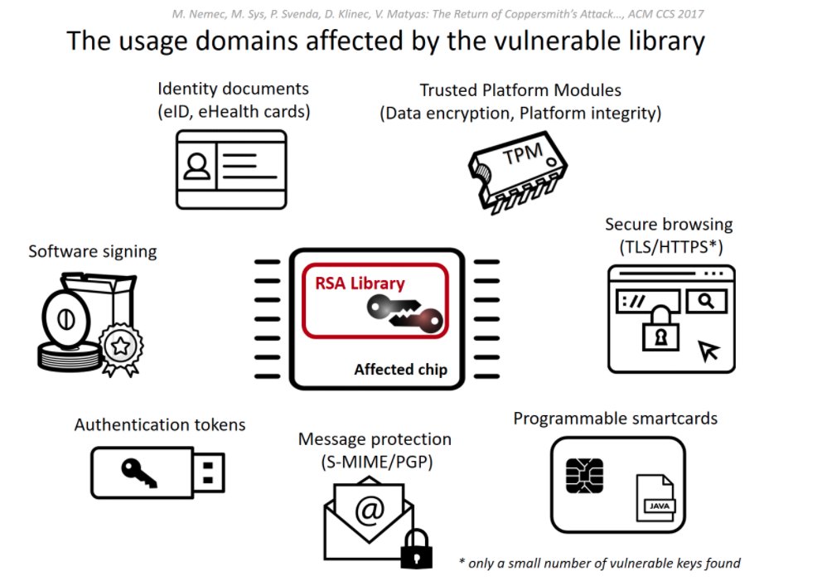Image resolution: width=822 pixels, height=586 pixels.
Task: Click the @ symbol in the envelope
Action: coord(369,510)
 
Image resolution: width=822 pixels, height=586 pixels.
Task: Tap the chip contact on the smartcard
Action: coord(583,474)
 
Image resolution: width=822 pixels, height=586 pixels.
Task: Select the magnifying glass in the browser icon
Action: coord(706,301)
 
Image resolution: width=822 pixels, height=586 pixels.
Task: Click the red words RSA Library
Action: coord(360,283)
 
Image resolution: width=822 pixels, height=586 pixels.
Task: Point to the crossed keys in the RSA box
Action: coord(406,315)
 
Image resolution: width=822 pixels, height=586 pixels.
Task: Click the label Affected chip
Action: coord(400,370)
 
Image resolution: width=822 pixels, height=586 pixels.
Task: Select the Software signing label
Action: coord(92,250)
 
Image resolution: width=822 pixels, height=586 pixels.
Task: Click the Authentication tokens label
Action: coord(160,425)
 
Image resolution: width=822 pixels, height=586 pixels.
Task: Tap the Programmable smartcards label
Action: coord(615,419)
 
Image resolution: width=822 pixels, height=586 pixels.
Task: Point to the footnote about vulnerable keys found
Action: coord(599,564)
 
